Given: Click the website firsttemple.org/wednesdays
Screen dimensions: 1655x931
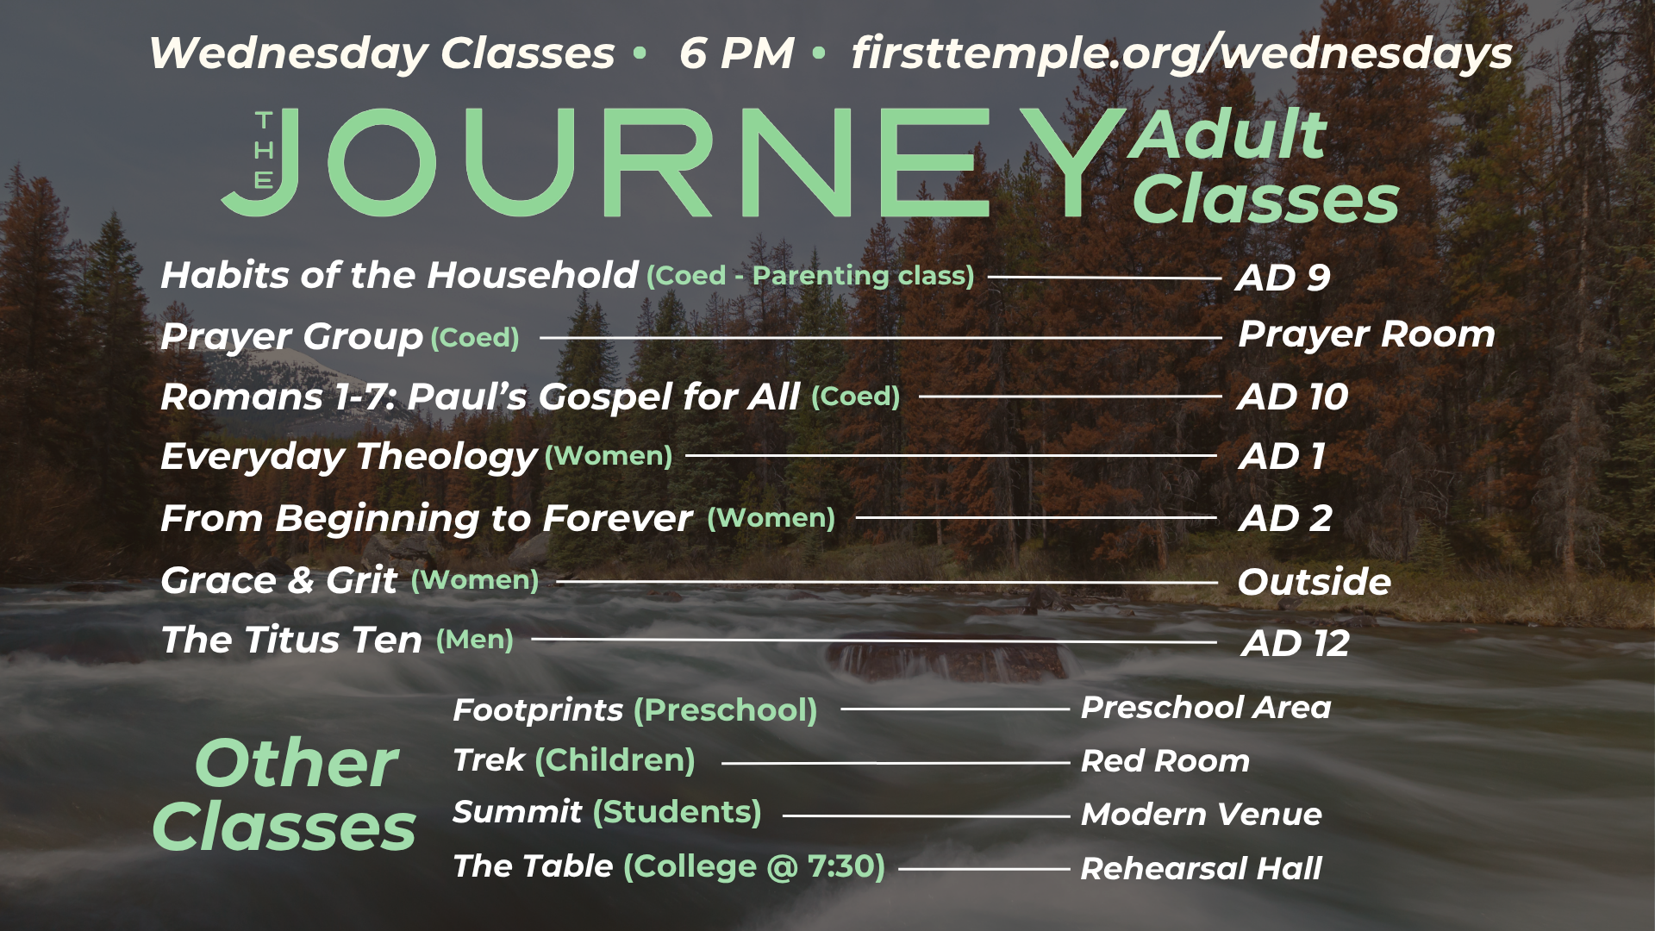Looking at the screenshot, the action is point(1182,53).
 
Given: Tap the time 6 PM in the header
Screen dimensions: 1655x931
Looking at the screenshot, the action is point(736,53).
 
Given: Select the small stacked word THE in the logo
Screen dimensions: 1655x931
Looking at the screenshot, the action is point(264,150).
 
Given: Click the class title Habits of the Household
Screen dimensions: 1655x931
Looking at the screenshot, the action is point(399,275).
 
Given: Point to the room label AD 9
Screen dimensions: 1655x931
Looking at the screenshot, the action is point(1283,278).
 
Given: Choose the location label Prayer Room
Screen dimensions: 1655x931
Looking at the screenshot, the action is point(1366,334).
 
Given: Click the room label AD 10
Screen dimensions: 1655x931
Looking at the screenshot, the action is point(1293,397).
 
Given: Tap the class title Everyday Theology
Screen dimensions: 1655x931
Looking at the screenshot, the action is point(349,457).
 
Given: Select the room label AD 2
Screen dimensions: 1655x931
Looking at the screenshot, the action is point(1285,518).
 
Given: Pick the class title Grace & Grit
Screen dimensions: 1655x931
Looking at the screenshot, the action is point(279,580).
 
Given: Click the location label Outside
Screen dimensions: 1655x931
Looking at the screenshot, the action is point(1315,582).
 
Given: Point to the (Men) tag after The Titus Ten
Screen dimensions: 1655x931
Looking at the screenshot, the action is point(475,640).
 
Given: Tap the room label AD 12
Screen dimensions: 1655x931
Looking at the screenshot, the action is point(1296,643).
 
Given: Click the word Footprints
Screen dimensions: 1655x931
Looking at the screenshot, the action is point(538,710).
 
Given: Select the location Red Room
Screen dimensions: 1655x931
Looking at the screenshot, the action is point(1165,761).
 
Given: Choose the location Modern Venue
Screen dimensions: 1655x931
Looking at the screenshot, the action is point(1202,815).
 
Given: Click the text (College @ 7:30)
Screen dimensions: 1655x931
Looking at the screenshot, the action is point(754,866).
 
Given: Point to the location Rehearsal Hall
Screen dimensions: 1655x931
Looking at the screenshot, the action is point(1202,868).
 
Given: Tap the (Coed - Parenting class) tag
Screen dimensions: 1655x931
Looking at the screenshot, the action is point(810,276).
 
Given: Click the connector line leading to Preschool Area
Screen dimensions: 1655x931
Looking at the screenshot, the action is point(955,709).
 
